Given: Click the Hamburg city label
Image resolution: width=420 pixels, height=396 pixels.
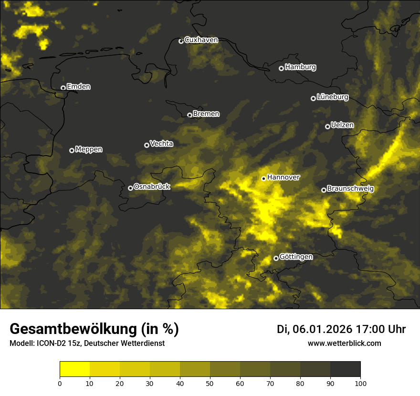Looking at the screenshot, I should click(300, 67).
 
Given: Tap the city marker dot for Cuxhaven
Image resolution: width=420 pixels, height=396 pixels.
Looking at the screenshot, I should click(181, 41).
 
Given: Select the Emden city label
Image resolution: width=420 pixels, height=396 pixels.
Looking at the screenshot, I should click(78, 87).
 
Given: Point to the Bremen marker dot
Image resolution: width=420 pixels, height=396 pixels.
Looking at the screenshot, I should click(189, 115).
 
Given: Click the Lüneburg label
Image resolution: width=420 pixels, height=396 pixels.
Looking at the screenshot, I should click(332, 97).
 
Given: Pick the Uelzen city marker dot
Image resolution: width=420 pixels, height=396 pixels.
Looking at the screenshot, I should click(327, 126).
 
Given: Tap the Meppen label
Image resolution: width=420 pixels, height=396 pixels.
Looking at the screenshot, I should click(89, 149).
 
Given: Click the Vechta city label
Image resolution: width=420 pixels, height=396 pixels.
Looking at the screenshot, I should click(161, 144).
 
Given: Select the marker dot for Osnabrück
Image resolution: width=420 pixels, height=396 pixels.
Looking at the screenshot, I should click(130, 188).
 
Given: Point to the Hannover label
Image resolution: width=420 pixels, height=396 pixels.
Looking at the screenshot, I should click(283, 177).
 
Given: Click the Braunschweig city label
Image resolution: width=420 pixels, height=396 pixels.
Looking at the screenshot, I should click(350, 189).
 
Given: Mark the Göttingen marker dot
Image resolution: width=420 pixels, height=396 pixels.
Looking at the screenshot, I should click(276, 258).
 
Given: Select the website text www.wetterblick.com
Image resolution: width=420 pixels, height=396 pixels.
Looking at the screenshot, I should click(345, 343).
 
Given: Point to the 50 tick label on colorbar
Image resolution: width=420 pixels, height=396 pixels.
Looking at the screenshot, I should click(210, 383).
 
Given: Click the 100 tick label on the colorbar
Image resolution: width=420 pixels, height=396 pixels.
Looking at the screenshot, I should click(360, 383).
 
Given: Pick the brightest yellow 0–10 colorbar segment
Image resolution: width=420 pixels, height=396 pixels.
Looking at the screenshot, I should click(74, 369).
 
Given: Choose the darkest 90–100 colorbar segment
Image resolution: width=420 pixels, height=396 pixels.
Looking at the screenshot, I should click(345, 369).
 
